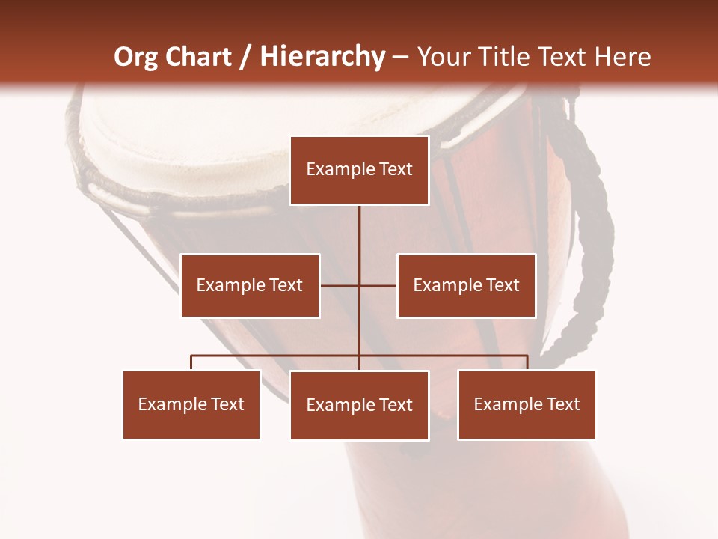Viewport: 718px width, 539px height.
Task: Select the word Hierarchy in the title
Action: pos(322,57)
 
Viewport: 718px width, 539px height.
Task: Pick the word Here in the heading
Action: pos(622,57)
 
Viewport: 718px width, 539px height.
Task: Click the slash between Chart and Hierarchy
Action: pos(245,58)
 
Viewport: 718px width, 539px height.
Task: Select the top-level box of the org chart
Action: pos(359,170)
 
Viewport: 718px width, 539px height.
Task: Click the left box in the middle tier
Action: pos(250,285)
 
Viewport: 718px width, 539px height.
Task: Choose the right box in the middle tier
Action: pos(467,285)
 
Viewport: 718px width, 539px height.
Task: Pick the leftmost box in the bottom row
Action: pos(191,404)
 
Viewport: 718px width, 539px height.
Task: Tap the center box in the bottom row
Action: pos(359,405)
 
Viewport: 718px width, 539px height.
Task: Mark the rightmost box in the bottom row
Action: pos(527,404)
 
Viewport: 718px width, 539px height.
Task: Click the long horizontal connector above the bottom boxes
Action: pos(277,356)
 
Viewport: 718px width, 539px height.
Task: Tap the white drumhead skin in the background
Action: pos(187,142)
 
